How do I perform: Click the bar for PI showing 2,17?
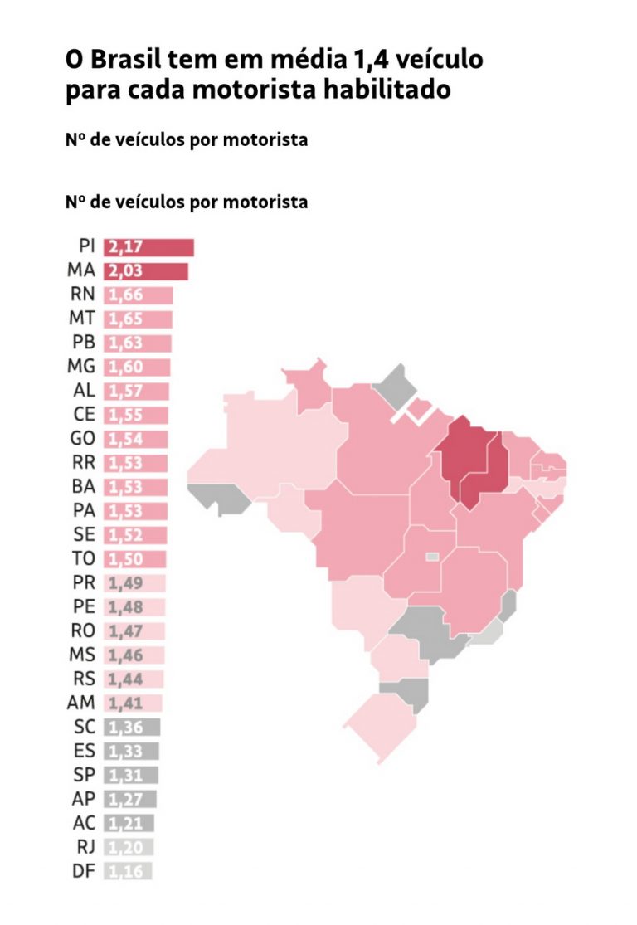[x=148, y=247]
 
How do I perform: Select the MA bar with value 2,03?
[x=146, y=271]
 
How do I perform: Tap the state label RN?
[x=83, y=295]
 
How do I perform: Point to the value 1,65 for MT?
[x=126, y=319]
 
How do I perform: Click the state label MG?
[x=81, y=367]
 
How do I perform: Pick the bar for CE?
[x=136, y=415]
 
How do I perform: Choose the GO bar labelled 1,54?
[x=136, y=439]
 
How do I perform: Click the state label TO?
[x=84, y=558]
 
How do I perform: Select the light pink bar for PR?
[x=134, y=582]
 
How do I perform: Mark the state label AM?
[x=82, y=703]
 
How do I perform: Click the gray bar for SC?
[x=132, y=728]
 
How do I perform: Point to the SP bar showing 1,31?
[x=131, y=775]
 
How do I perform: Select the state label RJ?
[x=85, y=847]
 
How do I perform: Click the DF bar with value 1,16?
[x=128, y=871]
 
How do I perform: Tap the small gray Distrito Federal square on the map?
[x=432, y=557]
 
